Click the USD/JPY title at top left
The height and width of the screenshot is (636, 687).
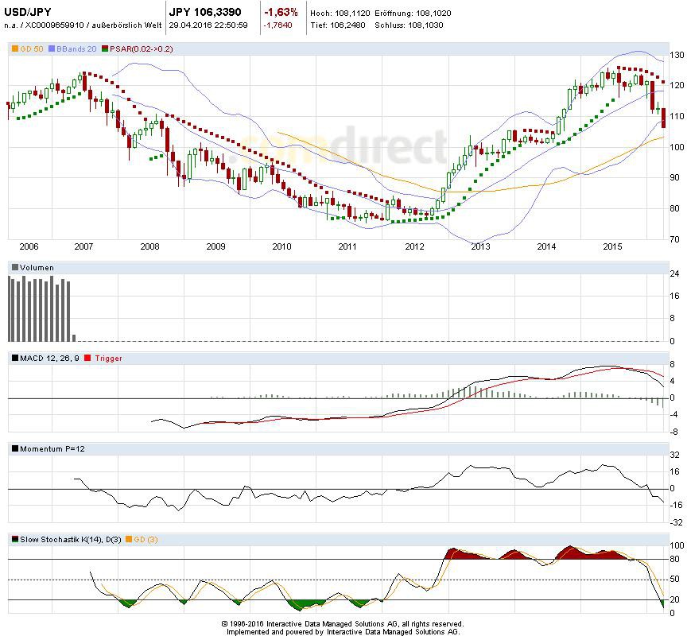(x=29, y=12)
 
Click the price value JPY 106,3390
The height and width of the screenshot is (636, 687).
(x=207, y=12)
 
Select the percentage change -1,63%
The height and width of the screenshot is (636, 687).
(x=281, y=12)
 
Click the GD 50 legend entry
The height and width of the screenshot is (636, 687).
(x=26, y=49)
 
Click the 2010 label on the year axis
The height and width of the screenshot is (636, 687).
(x=281, y=247)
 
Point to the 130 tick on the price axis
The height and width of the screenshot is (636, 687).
(x=677, y=56)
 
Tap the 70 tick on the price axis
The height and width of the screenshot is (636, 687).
(x=674, y=239)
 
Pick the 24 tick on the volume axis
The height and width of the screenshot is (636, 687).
(x=674, y=274)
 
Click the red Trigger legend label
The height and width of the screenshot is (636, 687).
(x=109, y=359)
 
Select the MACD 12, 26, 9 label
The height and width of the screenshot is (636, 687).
(x=47, y=359)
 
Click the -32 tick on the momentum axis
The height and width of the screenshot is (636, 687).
(x=675, y=523)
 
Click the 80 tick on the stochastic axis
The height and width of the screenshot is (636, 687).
(x=674, y=560)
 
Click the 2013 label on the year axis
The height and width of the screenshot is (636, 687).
(x=479, y=247)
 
